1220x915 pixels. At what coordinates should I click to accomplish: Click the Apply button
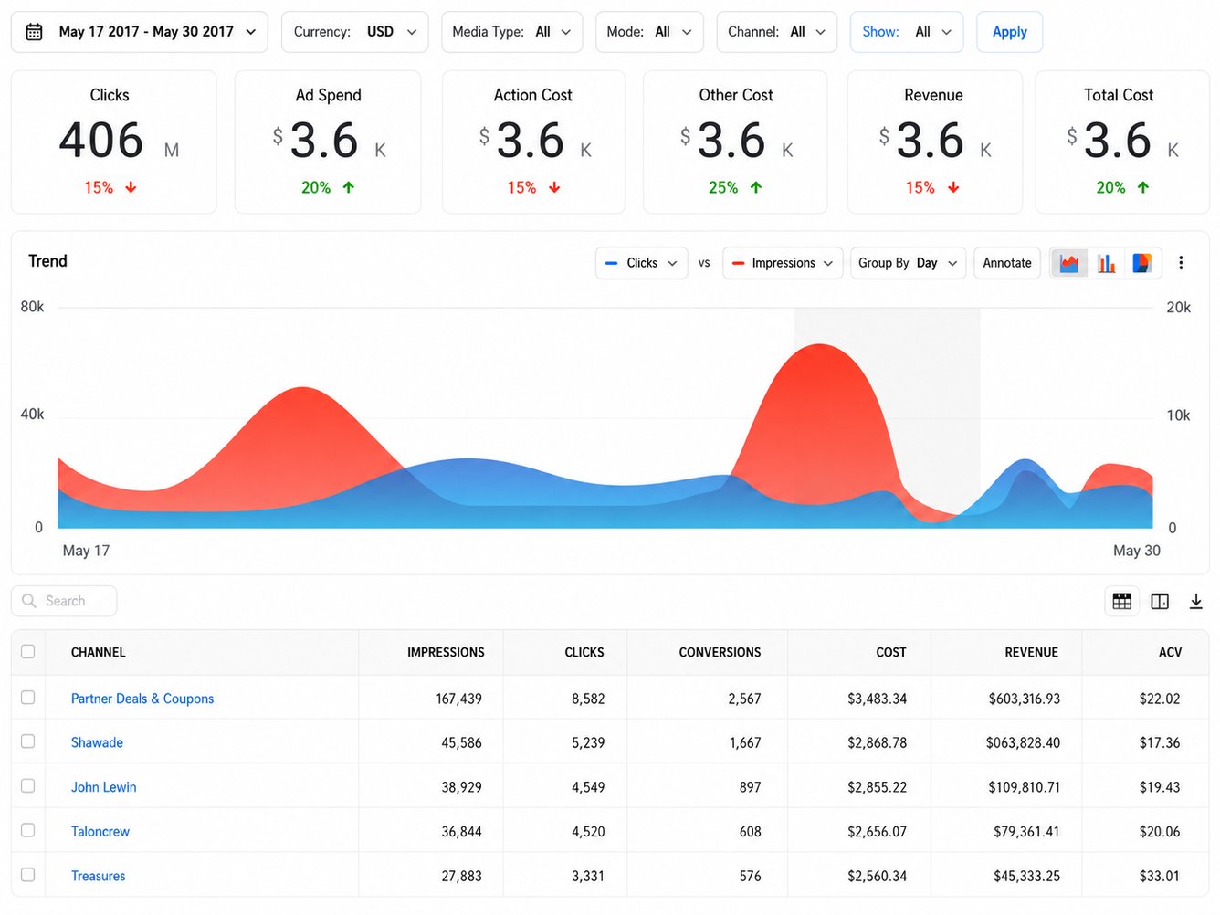coord(1009,32)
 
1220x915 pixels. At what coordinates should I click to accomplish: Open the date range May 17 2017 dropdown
coord(139,32)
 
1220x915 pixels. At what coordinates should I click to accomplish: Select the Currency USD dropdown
coord(354,32)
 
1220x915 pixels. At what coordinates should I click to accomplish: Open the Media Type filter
coord(511,32)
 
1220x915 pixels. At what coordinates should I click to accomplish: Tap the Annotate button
coord(1006,263)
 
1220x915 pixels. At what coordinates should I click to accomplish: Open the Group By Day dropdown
coord(908,263)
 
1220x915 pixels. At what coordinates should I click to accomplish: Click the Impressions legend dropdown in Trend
coord(782,263)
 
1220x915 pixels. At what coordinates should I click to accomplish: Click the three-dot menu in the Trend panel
coord(1181,263)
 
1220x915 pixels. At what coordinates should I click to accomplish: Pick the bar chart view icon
coord(1106,263)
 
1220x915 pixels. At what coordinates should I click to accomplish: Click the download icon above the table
coord(1195,601)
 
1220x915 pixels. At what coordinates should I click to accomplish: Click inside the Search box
coord(64,601)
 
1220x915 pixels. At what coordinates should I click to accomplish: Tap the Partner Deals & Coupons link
coord(142,699)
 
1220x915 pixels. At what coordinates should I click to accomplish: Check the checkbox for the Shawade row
coord(27,741)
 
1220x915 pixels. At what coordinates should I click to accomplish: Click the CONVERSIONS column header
coord(720,652)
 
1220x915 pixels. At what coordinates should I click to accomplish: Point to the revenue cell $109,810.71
coord(1024,787)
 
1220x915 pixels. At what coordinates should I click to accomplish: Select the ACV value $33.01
coord(1160,876)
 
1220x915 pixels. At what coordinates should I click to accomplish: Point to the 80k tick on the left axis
coord(32,307)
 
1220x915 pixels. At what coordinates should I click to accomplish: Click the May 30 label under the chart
coord(1137,551)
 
